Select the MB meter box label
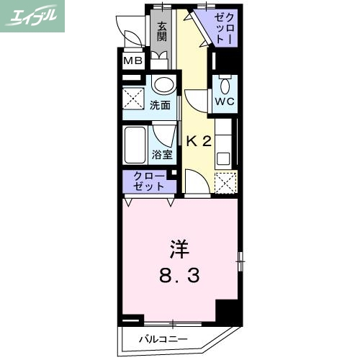132,60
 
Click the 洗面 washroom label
160,105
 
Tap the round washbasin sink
163,85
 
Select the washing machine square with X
134,96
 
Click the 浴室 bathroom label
161,153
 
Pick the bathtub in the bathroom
136,145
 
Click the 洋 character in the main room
179,251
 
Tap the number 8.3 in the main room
179,274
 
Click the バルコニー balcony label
163,338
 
